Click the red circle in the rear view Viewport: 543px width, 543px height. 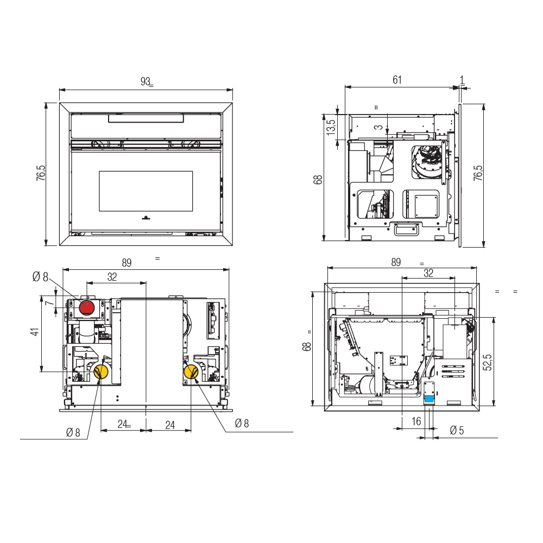(86, 307)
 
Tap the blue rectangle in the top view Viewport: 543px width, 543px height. (429, 399)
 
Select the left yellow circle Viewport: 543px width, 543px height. (101, 372)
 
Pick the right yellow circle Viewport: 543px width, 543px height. (191, 372)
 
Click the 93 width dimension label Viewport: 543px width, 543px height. (145, 81)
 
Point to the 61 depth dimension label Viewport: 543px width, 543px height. (397, 80)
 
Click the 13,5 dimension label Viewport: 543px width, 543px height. (331, 127)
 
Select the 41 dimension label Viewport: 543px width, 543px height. (35, 332)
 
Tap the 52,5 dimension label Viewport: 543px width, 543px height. (487, 362)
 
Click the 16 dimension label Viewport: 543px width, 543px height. (416, 421)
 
